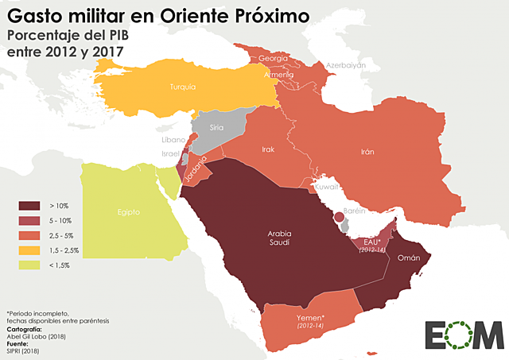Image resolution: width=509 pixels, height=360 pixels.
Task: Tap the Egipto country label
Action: [128, 212]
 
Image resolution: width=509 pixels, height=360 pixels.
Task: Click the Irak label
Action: [268, 149]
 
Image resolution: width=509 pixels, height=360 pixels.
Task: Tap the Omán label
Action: [408, 257]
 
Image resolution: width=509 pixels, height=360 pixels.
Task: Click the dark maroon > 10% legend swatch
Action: [29, 206]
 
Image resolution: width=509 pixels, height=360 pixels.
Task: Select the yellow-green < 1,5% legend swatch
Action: [29, 264]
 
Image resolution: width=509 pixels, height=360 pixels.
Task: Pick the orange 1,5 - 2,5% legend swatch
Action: [29, 250]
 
